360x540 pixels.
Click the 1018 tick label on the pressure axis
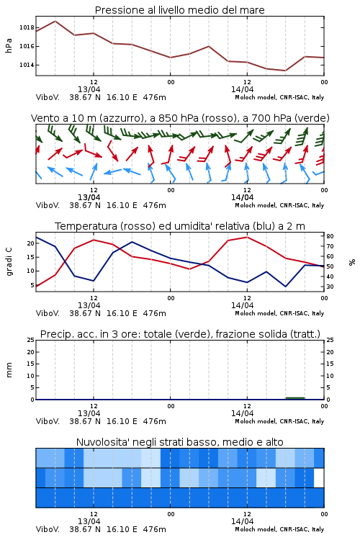click(27, 27)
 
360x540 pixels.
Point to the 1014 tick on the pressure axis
click(27, 65)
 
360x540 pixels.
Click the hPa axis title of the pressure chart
click(9, 45)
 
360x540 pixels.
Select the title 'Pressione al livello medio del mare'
click(180, 10)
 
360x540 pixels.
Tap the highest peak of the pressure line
click(55, 21)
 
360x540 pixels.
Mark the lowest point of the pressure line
click(285, 71)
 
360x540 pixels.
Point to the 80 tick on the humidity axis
click(330, 236)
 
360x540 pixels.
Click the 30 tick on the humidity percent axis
click(330, 287)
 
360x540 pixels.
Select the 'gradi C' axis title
click(9, 261)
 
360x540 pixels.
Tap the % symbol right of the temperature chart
click(352, 262)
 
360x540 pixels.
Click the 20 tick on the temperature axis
click(31, 243)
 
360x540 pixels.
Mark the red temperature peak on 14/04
click(247, 237)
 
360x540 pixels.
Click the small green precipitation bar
click(295, 398)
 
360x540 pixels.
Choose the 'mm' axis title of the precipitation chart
click(9, 370)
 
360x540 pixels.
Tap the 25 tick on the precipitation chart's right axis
click(330, 340)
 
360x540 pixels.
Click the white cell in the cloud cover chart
click(319, 477)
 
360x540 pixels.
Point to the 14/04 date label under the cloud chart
click(242, 521)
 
